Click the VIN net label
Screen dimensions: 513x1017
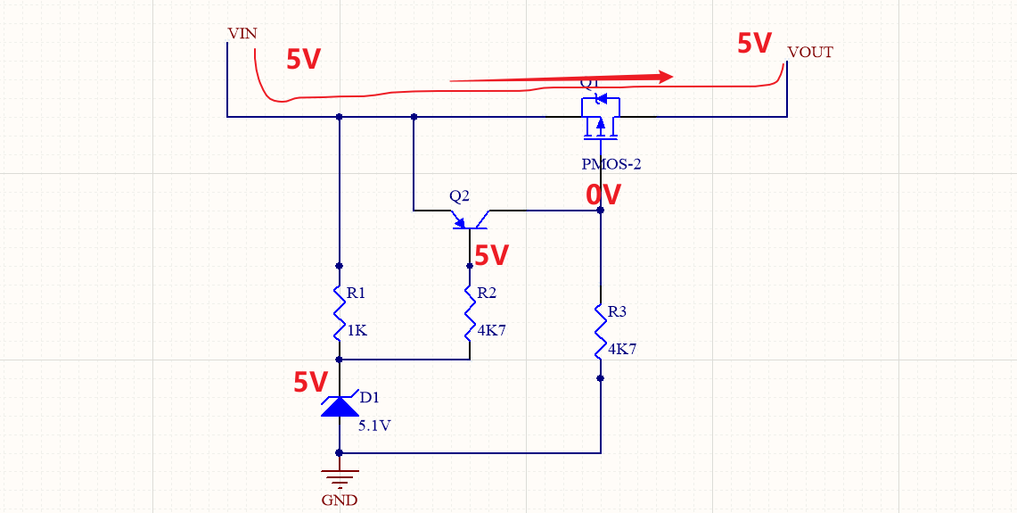pos(242,34)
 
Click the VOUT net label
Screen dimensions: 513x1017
pos(810,53)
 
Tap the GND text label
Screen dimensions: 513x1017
pos(340,501)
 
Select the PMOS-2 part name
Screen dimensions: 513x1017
pos(611,164)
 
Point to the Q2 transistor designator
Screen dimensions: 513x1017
pos(459,195)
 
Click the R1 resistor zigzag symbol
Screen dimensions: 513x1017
pos(339,312)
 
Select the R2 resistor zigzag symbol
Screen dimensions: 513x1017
pos(470,312)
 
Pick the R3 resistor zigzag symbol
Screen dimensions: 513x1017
pos(601,331)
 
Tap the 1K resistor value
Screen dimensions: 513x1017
pos(357,330)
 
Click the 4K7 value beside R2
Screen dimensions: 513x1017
pos(491,330)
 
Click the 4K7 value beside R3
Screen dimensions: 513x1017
pos(622,349)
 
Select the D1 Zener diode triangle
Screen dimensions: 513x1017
pos(339,407)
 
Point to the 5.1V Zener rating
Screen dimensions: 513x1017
pos(374,426)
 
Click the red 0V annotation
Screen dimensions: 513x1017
pos(603,194)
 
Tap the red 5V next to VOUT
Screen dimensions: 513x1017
pos(754,43)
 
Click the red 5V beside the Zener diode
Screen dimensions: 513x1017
pos(311,383)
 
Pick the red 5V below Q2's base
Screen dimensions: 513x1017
pos(491,256)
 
